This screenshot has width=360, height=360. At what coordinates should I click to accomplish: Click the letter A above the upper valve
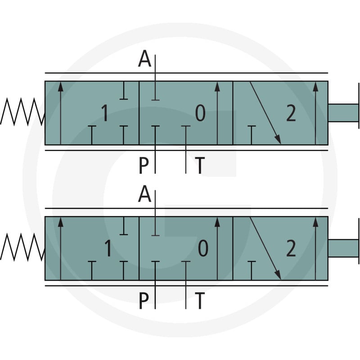pos(144,59)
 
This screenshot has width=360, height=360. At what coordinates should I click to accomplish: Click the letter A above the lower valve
pos(144,194)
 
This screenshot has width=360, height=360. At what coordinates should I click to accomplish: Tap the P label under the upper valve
pos(144,165)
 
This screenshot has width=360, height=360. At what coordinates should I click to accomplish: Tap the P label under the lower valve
pos(144,301)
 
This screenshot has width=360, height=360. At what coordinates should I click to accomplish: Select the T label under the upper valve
pos(200,165)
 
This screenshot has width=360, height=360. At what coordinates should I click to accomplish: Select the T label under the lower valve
pos(200,301)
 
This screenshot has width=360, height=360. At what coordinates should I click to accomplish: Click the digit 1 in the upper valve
pos(105,113)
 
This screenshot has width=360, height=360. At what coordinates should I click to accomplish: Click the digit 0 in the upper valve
pos(200,113)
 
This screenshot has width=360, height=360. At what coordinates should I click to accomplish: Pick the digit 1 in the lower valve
pos(108,248)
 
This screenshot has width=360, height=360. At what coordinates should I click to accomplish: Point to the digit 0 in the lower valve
pos(203,248)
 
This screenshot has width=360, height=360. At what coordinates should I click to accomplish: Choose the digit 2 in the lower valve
pos(291,248)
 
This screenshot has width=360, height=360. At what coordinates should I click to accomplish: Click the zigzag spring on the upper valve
pos(22,112)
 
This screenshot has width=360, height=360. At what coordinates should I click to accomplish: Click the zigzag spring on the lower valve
pos(22,247)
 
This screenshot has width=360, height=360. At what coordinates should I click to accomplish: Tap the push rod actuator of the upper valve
pos(344,113)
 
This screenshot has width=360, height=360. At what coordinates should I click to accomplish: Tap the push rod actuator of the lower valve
pos(344,248)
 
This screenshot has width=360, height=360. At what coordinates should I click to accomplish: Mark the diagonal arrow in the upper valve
pos(265,113)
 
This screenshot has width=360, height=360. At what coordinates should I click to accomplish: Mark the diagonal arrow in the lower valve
pos(265,248)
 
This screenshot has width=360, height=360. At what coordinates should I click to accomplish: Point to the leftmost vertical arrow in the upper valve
pos(60,113)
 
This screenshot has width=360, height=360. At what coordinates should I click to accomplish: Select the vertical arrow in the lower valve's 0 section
pos(217,249)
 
